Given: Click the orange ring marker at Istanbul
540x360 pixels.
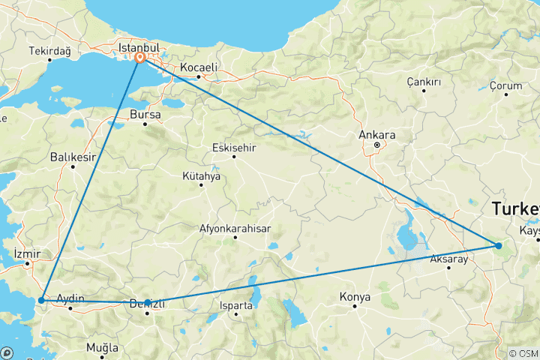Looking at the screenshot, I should click(x=140, y=56).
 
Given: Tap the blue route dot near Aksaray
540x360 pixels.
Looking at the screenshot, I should click(x=498, y=245).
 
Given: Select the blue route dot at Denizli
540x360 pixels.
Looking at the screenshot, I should click(x=148, y=303).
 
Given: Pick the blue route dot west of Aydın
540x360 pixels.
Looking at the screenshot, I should click(x=42, y=299).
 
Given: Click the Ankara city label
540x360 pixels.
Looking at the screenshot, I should click(x=377, y=135).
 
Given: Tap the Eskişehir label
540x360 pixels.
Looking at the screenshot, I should click(x=235, y=147).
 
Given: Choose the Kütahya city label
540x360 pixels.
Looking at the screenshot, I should click(x=201, y=176).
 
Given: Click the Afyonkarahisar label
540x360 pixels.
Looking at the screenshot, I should click(x=235, y=228).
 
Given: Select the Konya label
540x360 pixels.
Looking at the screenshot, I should click(x=355, y=297).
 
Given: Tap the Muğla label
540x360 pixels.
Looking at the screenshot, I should click(x=102, y=348).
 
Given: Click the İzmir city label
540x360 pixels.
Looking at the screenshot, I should click(x=27, y=253).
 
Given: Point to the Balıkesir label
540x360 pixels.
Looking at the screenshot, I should click(x=73, y=157).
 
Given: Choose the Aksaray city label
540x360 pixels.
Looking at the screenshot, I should click(x=448, y=259).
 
